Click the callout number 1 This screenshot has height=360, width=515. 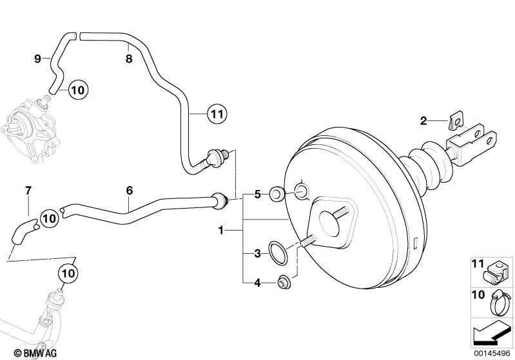tap(221, 231)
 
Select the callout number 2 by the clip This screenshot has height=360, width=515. tap(423, 121)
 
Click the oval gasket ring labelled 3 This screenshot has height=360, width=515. tap(278, 252)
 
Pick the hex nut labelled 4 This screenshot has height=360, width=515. tap(282, 283)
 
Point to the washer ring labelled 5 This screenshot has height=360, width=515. tap(277, 194)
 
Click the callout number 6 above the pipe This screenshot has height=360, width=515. tap(130, 191)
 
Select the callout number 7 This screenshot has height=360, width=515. tap(28, 191)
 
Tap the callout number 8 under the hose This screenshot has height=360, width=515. tap(129, 59)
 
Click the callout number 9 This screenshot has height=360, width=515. tap(38, 59)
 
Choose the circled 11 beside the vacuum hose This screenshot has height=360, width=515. tap(217, 114)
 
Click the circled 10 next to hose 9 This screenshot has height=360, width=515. tap(78, 90)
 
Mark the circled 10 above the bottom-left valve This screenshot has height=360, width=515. tap(68, 272)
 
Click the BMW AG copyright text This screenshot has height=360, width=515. tap(35, 353)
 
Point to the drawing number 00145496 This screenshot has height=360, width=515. tap(492, 353)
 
